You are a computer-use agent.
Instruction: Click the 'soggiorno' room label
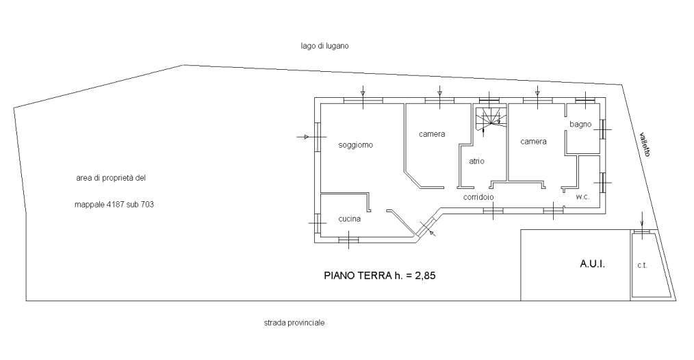tap(355, 145)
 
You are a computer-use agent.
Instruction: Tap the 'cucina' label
tap(350, 219)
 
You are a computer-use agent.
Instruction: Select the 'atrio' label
tap(476, 162)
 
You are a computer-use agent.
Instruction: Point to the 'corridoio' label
tap(478, 197)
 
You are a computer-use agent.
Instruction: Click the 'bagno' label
tap(580, 125)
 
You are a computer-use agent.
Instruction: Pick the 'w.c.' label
tap(582, 197)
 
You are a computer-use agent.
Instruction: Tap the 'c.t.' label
tap(642, 266)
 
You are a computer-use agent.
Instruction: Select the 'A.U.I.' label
tap(592, 264)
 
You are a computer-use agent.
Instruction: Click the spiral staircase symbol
tap(489, 119)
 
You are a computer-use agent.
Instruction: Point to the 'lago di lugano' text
tap(324, 46)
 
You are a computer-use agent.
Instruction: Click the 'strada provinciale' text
tap(294, 323)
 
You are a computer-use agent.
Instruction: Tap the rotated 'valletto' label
tap(645, 144)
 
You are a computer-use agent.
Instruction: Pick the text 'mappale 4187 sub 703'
tap(114, 205)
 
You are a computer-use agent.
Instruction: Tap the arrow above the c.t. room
tap(642, 220)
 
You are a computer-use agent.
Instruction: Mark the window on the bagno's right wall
tap(603, 129)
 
